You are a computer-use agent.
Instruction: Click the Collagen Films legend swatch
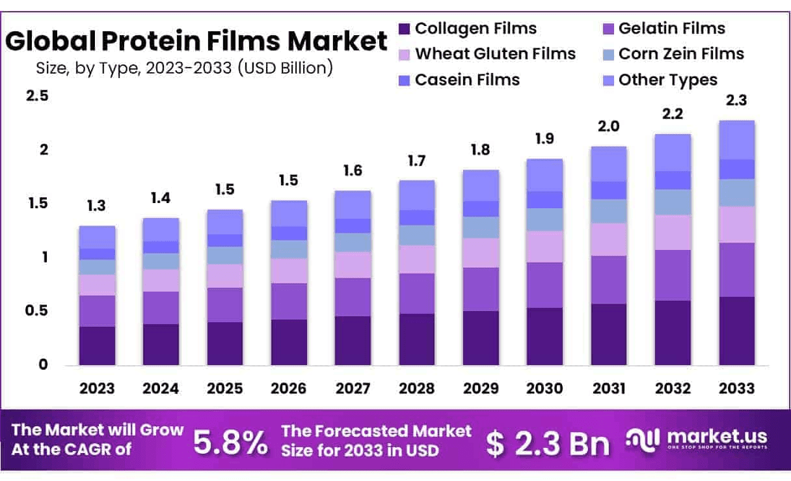coord(405,29)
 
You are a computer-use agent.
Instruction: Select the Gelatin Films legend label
coord(671,29)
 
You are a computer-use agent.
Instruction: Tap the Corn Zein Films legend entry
coord(681,54)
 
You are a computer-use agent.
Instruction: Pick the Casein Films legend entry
coord(467,80)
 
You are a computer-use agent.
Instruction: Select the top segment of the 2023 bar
coord(97,237)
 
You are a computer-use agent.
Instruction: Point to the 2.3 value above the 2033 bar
coord(737,101)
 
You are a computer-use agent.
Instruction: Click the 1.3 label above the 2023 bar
coord(97,206)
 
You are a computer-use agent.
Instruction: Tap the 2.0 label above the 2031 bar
coord(609,126)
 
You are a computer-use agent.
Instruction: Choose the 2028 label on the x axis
coord(417,389)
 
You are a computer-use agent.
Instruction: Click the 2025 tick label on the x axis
coord(224,389)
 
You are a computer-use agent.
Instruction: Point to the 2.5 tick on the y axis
coord(37,96)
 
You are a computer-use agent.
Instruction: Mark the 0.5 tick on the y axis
coord(37,311)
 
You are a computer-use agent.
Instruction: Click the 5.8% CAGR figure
coord(230,443)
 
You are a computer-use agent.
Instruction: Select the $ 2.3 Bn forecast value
coord(548,444)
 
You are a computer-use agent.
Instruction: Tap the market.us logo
coord(696,439)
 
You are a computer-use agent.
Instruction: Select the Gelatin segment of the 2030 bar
coord(544,285)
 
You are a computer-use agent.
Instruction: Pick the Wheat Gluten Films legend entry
coord(495,54)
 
